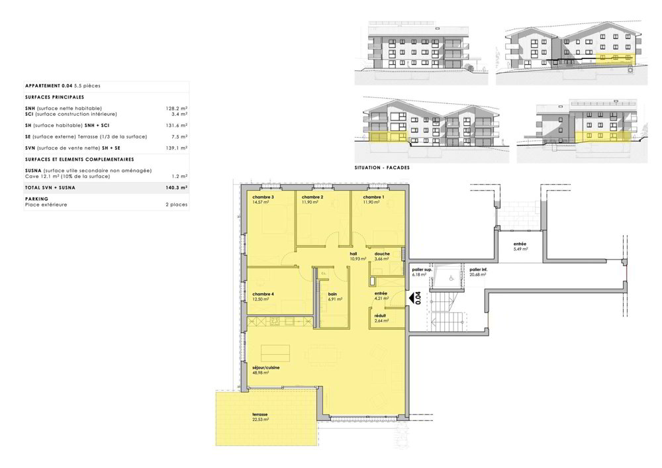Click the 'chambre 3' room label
(x=263, y=197)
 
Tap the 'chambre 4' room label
(x=263, y=294)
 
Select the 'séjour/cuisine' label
(x=266, y=368)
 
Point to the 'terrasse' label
(x=260, y=414)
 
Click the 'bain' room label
(x=333, y=294)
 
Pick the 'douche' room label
(x=382, y=254)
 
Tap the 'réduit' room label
(x=380, y=316)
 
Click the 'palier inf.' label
(x=479, y=269)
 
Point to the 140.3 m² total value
(x=177, y=188)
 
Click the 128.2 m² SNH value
(x=177, y=109)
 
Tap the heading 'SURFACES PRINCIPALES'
(x=54, y=97)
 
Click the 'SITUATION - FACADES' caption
(x=382, y=167)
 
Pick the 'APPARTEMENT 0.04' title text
(x=48, y=85)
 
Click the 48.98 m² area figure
(x=260, y=373)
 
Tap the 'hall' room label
(x=354, y=254)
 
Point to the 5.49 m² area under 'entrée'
(x=520, y=249)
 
